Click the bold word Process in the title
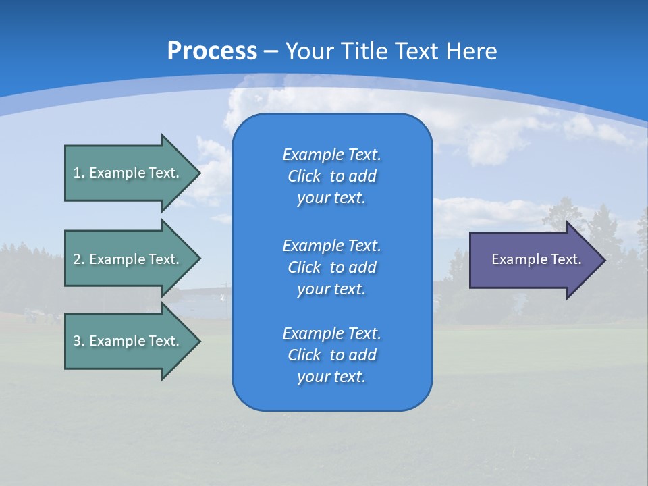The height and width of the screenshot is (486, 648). pos(212,51)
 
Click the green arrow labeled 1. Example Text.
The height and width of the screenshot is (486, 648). pos(128,173)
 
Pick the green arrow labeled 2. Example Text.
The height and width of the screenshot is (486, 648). pos(128,259)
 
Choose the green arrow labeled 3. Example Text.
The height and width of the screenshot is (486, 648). pos(128,341)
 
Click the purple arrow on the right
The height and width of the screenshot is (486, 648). pos(533,260)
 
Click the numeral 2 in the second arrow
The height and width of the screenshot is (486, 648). pos(78,259)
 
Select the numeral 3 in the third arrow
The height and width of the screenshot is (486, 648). pos(78,341)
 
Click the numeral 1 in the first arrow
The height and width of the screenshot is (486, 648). pos(78,173)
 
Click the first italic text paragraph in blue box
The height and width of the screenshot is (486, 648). pos(331,176)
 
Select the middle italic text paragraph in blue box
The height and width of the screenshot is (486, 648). pos(331,267)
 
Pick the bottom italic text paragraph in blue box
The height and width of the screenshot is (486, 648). pos(331,355)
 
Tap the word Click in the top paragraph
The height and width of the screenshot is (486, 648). pos(304,176)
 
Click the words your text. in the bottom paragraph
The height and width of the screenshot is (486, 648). pos(331,377)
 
